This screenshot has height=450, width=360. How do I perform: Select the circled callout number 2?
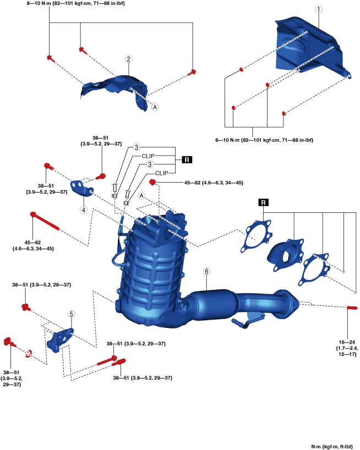pyautogui.click(x=128, y=59)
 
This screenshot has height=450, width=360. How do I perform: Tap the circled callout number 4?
pyautogui.click(x=84, y=209)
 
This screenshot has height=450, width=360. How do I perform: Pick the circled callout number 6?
pyautogui.click(x=206, y=271)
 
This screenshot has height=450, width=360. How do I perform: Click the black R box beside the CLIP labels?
pyautogui.click(x=187, y=160)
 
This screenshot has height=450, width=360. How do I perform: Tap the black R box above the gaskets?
pyautogui.click(x=264, y=202)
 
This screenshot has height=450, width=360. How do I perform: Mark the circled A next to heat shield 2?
pyautogui.click(x=155, y=107)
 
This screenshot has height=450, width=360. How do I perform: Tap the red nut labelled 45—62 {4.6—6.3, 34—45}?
pyautogui.click(x=152, y=182)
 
